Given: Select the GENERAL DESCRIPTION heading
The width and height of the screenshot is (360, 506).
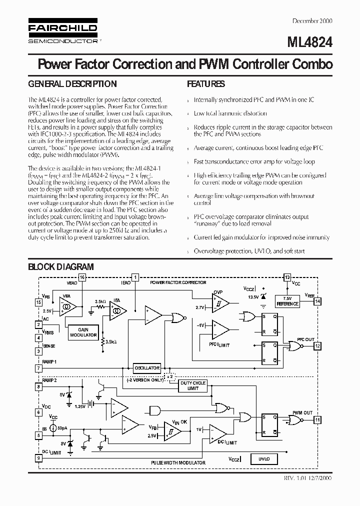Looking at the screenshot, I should (x=72, y=84).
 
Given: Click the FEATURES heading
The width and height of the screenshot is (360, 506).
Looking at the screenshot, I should (x=206, y=84).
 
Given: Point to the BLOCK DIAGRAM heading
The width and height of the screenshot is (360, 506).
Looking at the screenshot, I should (x=60, y=267).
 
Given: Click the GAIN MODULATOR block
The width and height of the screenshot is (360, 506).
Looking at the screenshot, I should (x=83, y=332).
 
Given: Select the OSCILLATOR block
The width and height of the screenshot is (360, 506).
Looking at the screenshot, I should (x=146, y=368).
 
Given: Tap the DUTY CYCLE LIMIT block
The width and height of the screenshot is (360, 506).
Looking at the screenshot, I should (x=192, y=385).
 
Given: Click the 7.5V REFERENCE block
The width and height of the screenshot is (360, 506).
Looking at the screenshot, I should (x=287, y=301).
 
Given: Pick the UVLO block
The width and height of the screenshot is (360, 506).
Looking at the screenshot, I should (x=264, y=458).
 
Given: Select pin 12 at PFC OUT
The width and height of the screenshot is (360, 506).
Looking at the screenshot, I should (x=317, y=345).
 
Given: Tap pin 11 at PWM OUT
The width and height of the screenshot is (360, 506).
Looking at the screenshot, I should (x=317, y=420).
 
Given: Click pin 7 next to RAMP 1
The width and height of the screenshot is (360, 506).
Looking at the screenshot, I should (x=38, y=368).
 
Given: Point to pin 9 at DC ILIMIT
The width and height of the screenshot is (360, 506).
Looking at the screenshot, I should (x=38, y=457).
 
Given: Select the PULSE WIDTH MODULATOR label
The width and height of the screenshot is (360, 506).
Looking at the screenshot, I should (x=178, y=462).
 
